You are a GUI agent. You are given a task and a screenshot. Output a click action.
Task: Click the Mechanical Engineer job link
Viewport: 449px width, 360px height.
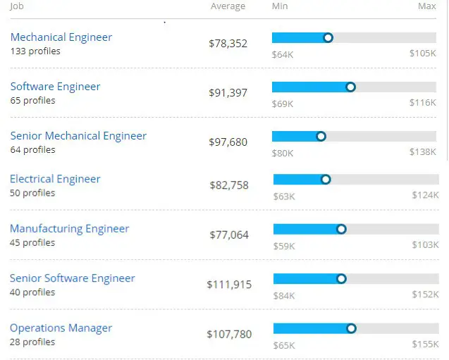61,37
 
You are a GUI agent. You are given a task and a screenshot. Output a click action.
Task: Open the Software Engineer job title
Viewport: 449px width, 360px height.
55,87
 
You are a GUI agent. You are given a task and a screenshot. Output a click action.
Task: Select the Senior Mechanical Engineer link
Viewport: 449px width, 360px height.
78,136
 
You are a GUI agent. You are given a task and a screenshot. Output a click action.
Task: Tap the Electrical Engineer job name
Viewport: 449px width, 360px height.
55,179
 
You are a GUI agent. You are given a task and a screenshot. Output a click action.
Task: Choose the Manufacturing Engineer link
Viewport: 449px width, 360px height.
69,228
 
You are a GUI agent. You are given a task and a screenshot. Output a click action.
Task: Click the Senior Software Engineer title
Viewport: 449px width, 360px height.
72,278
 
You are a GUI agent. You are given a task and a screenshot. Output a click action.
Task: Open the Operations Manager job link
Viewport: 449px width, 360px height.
61,328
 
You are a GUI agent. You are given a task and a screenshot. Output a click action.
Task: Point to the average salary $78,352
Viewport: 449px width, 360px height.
228,44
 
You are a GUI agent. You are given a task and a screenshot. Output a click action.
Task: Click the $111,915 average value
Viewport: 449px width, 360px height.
228,285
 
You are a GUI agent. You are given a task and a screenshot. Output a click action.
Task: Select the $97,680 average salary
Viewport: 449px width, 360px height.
228,142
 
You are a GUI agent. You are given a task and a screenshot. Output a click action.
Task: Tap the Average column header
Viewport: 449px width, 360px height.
228,6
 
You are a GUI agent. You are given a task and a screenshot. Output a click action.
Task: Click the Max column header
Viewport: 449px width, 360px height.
426,6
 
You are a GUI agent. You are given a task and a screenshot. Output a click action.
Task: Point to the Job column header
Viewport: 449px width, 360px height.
17,6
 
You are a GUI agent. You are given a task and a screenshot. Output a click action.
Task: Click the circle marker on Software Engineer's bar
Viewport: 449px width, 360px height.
351,87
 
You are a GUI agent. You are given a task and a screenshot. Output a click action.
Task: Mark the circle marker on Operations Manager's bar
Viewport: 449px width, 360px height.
352,328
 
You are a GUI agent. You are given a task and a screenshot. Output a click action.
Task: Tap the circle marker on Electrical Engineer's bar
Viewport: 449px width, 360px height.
326,179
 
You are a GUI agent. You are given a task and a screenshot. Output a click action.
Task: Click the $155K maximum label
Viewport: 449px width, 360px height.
425,345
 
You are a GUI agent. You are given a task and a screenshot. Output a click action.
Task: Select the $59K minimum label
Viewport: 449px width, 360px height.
283,245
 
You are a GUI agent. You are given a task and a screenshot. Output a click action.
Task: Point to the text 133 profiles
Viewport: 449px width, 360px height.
35,51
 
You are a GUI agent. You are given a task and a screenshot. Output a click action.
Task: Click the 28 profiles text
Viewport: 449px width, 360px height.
32,342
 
